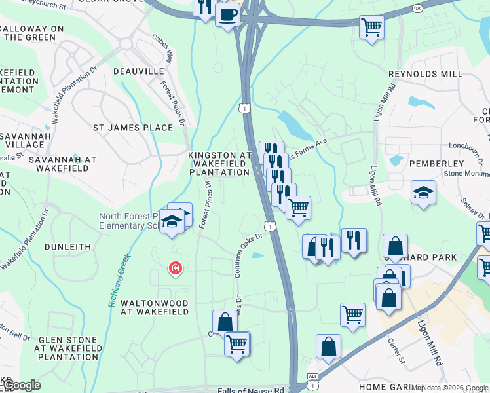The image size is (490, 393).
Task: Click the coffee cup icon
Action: coord(227,14)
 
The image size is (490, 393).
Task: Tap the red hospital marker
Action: coord(175,268)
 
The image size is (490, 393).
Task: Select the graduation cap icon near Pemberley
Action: coord(424,193)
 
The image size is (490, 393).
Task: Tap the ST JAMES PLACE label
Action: coord(133,127)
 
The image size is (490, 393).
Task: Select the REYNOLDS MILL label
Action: coord(434,74)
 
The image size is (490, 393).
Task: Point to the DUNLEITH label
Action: coord(67,246)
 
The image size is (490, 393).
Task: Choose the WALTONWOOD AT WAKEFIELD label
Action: coord(155,307)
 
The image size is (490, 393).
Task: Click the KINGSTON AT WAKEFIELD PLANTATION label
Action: coord(220,163)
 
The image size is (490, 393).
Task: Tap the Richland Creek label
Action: coord(118,282)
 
